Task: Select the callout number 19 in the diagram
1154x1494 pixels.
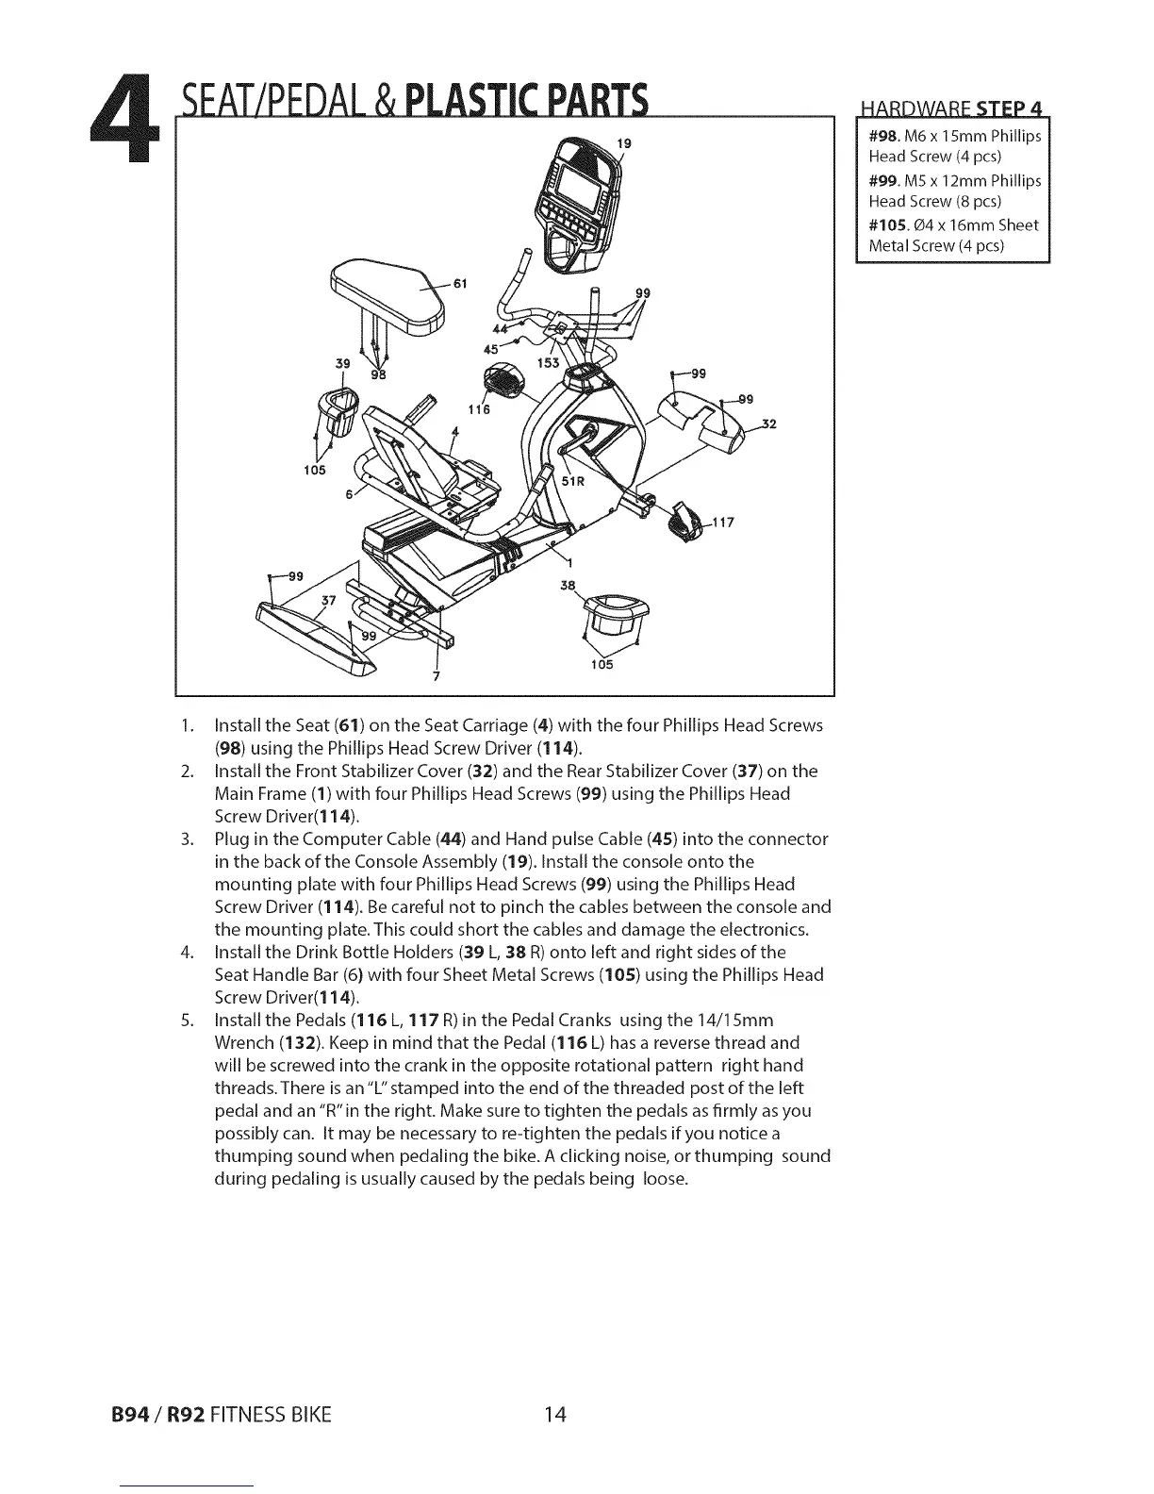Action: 623,143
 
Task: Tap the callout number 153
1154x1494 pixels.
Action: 547,363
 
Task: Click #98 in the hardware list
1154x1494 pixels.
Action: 884,135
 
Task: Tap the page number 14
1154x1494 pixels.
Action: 554,1414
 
